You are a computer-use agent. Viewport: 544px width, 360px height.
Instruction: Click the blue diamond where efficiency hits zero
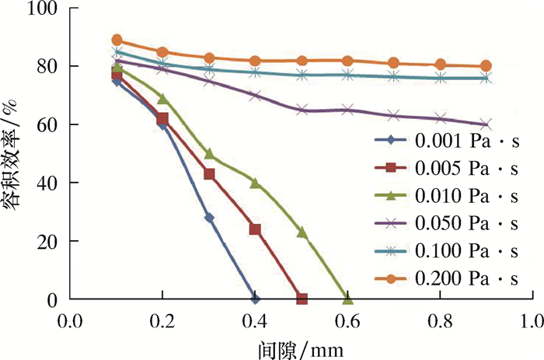click(255, 299)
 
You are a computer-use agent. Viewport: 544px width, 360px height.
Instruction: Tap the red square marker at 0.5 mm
click(302, 299)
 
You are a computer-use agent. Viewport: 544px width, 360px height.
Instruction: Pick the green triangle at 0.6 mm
click(347, 299)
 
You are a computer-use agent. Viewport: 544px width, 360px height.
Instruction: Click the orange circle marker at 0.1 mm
click(117, 40)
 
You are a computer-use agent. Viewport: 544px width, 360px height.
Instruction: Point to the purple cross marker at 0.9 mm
click(486, 124)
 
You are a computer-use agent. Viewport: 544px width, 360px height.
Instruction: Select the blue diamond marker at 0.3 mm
click(209, 218)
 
